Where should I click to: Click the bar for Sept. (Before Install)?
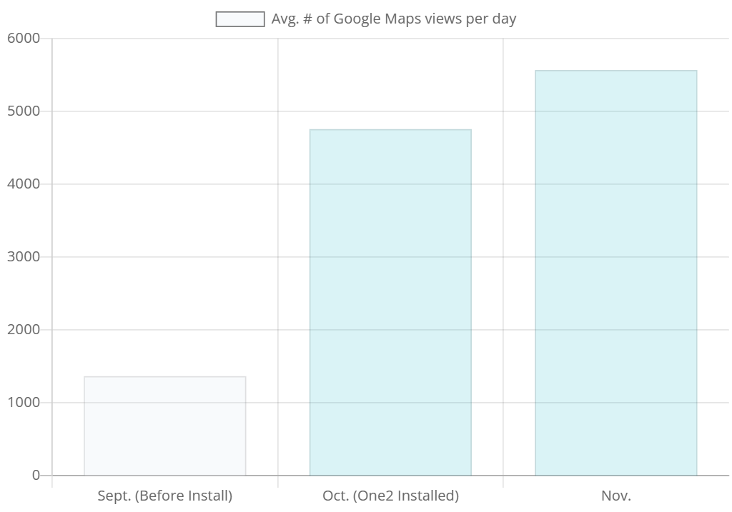click(165, 426)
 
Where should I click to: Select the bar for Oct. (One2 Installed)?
click(390, 302)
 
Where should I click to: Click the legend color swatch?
click(240, 19)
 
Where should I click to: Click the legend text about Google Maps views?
click(394, 19)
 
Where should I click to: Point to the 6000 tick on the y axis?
click(23, 38)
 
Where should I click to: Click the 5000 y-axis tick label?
click(23, 111)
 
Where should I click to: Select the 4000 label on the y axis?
click(23, 184)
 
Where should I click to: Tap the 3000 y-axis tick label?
click(23, 256)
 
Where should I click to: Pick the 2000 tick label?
click(23, 329)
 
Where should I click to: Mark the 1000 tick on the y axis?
click(23, 402)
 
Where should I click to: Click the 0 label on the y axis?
click(36, 475)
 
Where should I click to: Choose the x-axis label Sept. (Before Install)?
click(165, 496)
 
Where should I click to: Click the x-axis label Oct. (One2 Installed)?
click(390, 496)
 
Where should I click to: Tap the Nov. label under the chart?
click(615, 496)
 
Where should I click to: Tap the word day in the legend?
click(504, 19)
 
